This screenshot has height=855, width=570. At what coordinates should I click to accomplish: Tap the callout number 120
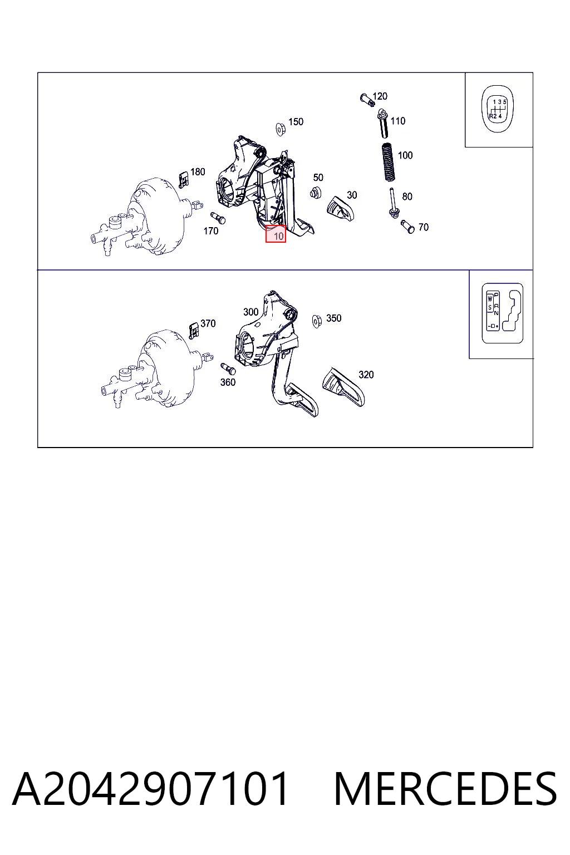tap(380, 96)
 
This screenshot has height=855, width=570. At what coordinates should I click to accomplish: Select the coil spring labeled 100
tap(388, 162)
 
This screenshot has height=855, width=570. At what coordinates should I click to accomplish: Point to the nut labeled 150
tap(281, 129)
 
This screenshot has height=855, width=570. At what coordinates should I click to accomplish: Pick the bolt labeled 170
tap(218, 218)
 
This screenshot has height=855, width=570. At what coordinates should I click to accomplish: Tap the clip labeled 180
tap(184, 179)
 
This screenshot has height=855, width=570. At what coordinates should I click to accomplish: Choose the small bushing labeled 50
tap(316, 193)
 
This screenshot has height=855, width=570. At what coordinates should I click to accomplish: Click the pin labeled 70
tap(408, 227)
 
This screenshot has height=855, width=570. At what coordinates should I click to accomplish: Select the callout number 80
tap(407, 196)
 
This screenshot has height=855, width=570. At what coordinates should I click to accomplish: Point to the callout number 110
tap(398, 121)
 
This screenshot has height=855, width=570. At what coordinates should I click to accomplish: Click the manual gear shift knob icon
tap(498, 110)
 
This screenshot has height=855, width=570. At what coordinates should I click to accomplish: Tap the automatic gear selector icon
tap(503, 313)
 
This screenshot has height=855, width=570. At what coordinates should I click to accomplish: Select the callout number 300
tap(251, 312)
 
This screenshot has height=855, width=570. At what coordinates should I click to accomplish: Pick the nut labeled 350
tap(317, 321)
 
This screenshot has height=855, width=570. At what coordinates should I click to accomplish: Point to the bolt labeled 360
tap(228, 368)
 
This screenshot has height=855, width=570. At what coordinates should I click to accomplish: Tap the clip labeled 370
tap(194, 331)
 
